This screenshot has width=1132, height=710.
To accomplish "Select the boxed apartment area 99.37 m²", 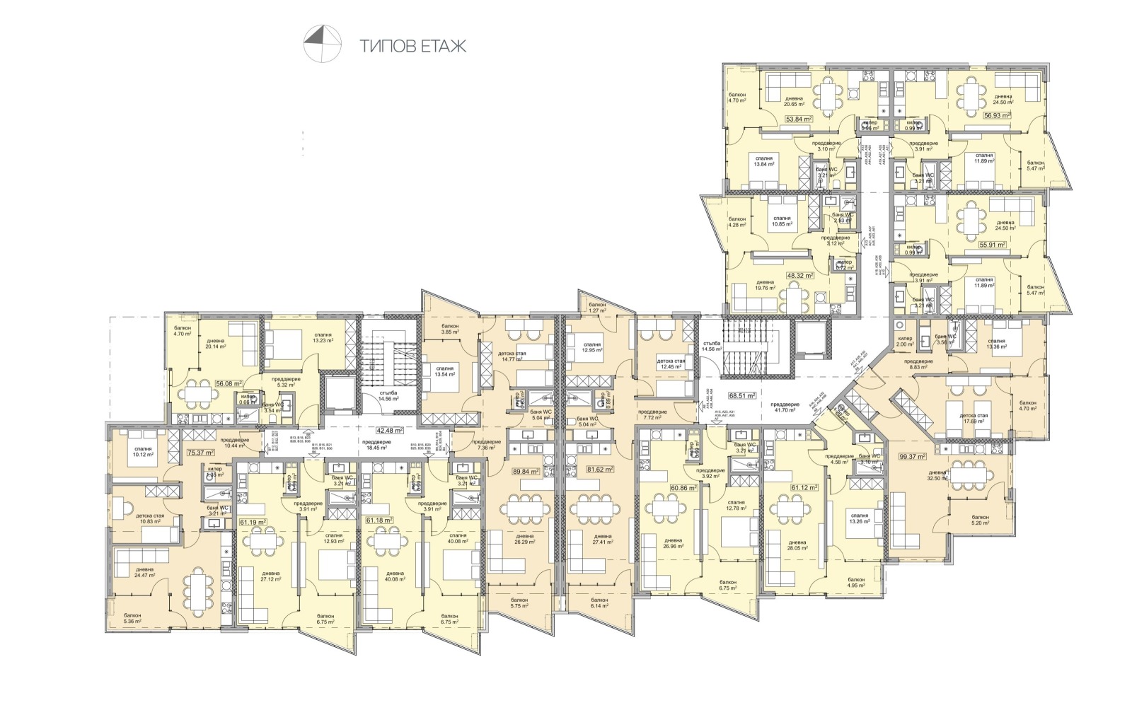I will coord(912,457).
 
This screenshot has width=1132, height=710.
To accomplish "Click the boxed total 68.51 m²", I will coord(742,396).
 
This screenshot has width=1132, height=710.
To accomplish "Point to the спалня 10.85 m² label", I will coord(782,221).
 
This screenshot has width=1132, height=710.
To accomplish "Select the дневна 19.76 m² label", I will coord(765,285).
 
